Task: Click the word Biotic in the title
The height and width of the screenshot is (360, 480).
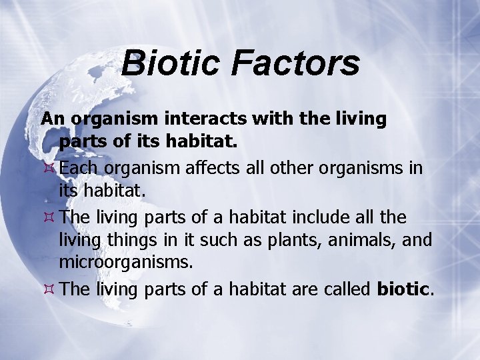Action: coord(169,63)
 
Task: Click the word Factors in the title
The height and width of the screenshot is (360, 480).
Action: coord(295,63)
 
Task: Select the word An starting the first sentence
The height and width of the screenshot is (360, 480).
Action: coord(53,119)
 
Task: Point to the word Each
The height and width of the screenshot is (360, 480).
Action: coord(77,167)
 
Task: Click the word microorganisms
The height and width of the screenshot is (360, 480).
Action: coord(126,262)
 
